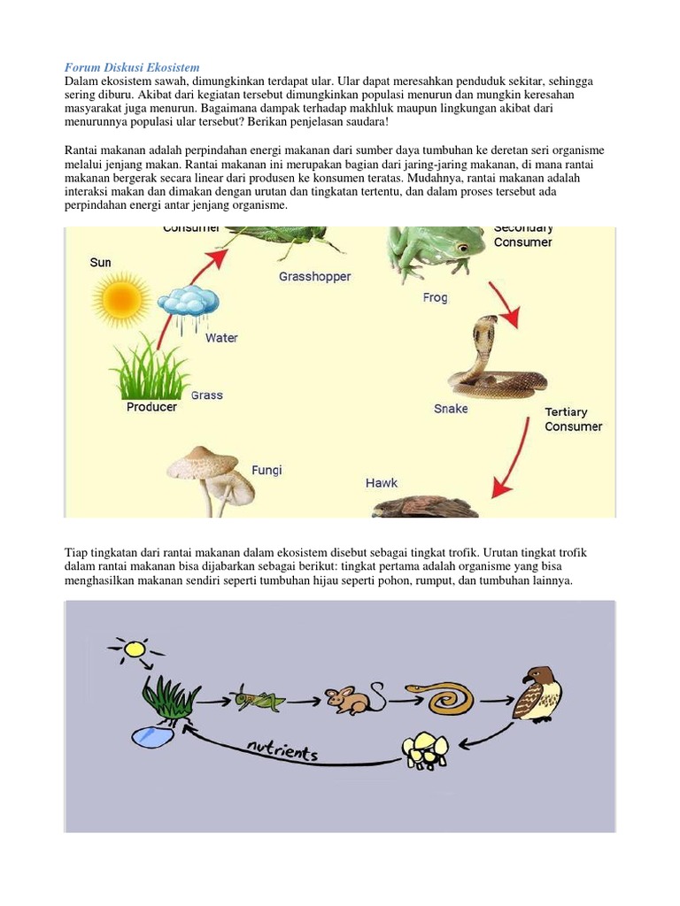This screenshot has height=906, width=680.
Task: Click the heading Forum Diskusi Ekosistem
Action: [133, 67]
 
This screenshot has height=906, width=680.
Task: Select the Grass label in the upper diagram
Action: [206, 395]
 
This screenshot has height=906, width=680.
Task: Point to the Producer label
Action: [151, 407]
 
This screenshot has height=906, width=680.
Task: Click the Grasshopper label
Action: [314, 276]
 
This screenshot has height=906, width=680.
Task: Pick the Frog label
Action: [435, 298]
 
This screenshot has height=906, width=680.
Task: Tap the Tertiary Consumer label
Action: [573, 419]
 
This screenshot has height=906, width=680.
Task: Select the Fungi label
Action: [266, 470]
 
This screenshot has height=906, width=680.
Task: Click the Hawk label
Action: [382, 483]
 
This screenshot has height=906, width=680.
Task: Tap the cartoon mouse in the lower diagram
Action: [350, 699]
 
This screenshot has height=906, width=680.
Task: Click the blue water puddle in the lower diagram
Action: [152, 735]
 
